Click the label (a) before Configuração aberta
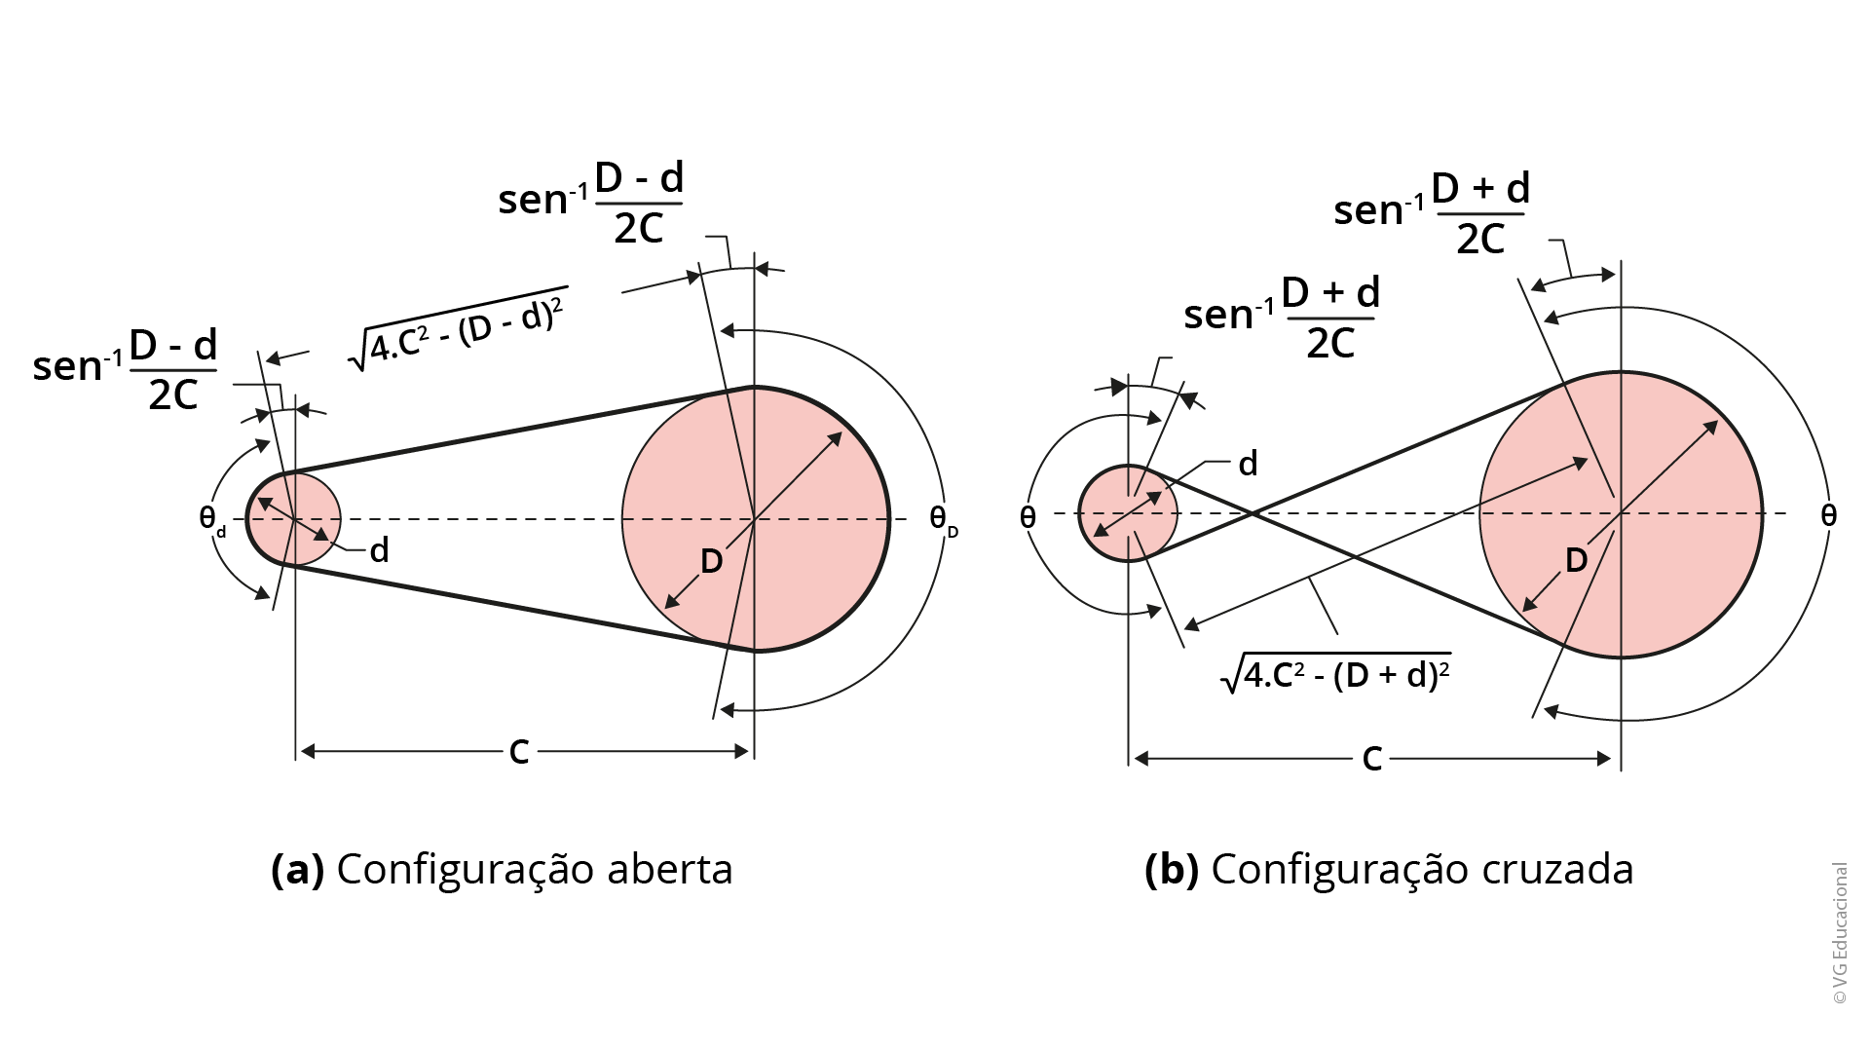point(297,870)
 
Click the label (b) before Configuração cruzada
point(1172,870)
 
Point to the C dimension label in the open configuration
point(519,752)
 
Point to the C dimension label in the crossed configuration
point(1372,759)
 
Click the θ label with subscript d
point(211,519)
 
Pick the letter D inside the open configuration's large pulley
point(712,561)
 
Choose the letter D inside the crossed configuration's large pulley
point(1576,560)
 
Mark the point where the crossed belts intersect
point(1253,512)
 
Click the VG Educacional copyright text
point(1839,933)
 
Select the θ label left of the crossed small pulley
point(1028,517)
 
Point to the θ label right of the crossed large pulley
point(1828,515)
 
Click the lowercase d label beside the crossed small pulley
point(1248,464)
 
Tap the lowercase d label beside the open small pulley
point(379,551)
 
